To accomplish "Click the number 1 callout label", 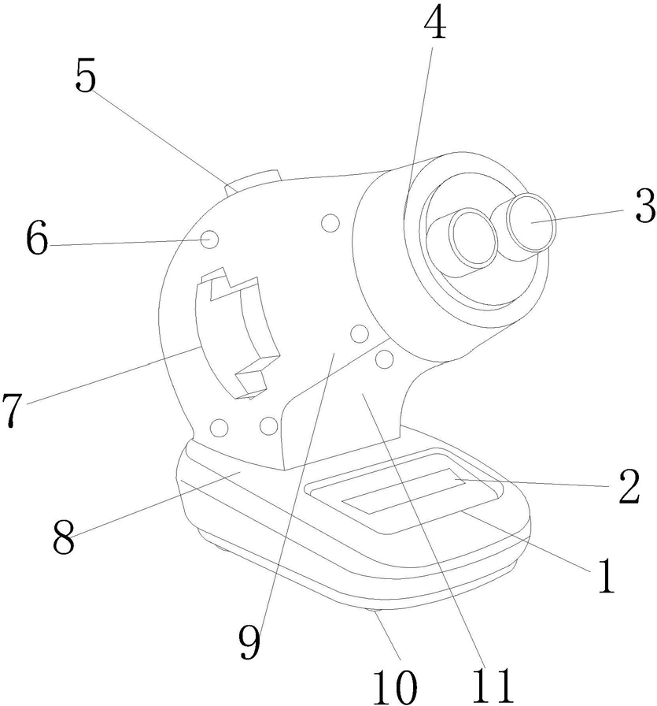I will [604, 577].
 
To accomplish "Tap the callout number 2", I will [629, 488].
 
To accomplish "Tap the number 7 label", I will [12, 411].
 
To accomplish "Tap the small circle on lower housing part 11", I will [385, 360].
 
